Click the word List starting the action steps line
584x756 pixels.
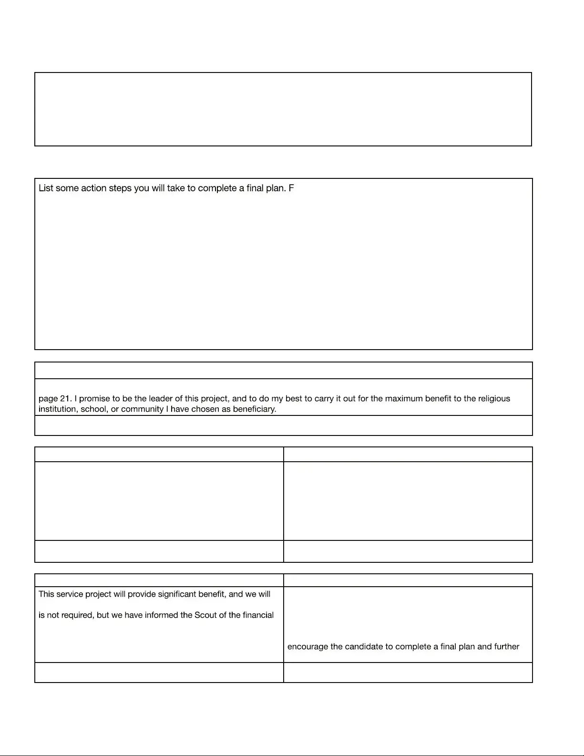coord(46,188)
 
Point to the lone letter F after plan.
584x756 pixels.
coord(291,188)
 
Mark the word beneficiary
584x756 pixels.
coord(255,409)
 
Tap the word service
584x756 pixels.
coord(70,594)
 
